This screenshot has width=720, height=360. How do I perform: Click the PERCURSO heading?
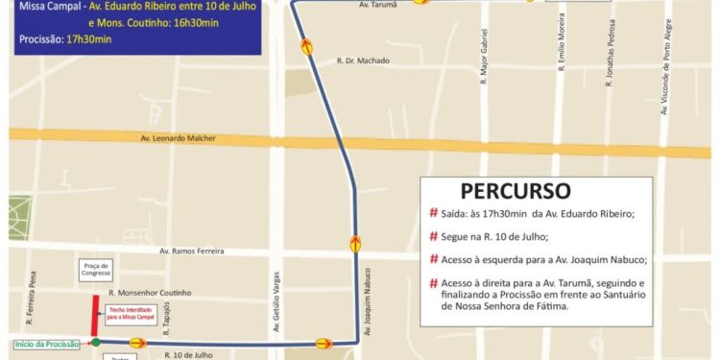pos(516,190)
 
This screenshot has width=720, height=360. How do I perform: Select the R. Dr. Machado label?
pos(363,60)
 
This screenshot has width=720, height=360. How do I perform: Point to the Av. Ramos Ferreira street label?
pos(192,252)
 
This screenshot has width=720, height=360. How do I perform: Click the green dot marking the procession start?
pos(95,342)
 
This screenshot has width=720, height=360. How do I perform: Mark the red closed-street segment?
pos(94,316)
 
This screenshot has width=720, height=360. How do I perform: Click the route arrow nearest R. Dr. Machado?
pos(306,45)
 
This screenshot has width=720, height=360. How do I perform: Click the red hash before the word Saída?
pos(433,213)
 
